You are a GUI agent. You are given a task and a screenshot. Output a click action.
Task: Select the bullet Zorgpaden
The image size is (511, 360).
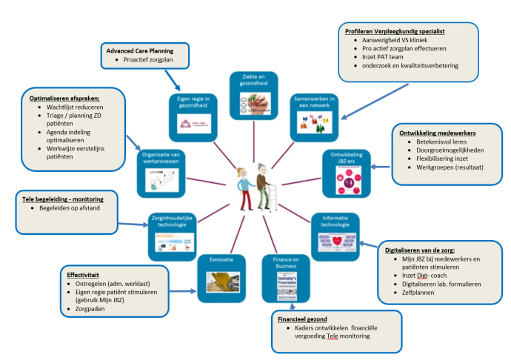[x=94, y=309]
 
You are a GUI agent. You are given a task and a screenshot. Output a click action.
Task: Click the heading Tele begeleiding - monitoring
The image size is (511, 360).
[x=61, y=199]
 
